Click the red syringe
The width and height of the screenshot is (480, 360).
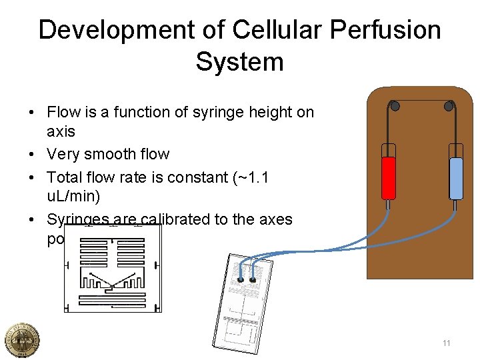coord(388,177)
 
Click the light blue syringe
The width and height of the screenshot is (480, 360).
coord(456,177)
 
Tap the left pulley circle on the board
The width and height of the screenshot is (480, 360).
coord(395,106)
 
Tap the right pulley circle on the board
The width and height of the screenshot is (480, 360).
coord(449,106)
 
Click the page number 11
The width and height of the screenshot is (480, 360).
coord(446,343)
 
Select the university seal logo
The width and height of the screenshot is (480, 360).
coord(21,340)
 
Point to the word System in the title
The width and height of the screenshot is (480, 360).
coord(240,62)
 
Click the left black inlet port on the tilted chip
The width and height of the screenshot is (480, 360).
coord(241,280)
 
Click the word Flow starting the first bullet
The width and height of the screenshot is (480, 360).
coord(63,113)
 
